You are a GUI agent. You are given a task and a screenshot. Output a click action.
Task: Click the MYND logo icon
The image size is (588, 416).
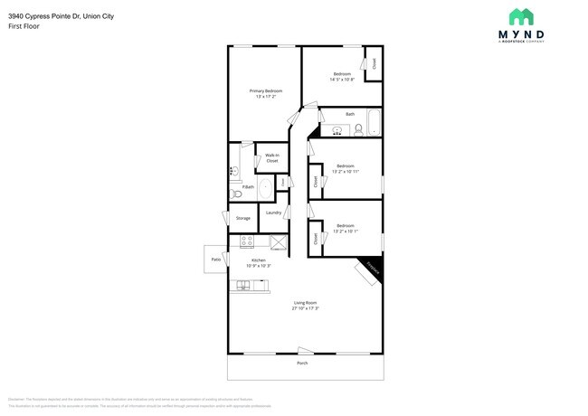click(x=520, y=17)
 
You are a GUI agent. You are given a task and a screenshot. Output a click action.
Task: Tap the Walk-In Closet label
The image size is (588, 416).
click(x=271, y=157)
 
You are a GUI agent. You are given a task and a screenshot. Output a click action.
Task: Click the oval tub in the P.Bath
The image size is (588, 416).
click(x=265, y=188)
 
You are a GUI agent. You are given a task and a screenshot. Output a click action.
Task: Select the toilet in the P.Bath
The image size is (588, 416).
click(x=237, y=194)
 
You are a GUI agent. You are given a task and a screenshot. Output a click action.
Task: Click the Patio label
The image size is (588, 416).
click(x=216, y=260)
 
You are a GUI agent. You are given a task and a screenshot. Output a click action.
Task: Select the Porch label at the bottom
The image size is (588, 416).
click(x=303, y=363)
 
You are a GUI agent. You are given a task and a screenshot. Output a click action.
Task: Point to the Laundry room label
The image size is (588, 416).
click(x=272, y=213)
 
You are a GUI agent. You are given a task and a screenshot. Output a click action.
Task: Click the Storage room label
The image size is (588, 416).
click(x=242, y=218)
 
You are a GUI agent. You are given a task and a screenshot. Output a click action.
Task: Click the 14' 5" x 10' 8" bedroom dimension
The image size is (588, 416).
click(x=342, y=80)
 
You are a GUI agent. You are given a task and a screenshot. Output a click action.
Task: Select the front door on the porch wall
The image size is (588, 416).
click(x=305, y=351)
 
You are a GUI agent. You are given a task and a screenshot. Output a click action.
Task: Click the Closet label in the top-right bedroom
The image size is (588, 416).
click(x=374, y=64)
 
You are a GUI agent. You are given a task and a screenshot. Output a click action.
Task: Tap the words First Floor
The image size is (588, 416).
click(x=23, y=27)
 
